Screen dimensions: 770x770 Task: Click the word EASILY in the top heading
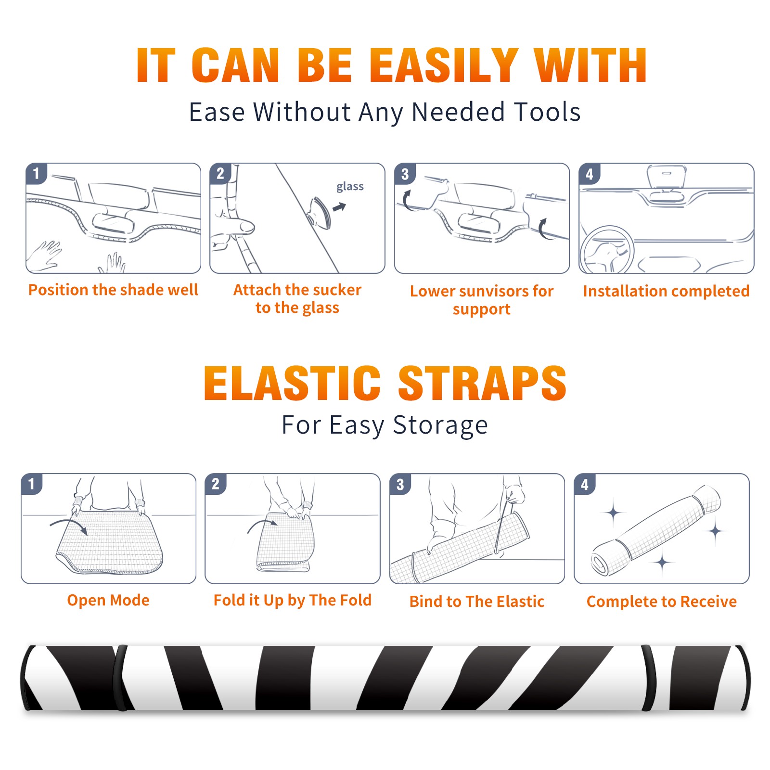click(x=444, y=65)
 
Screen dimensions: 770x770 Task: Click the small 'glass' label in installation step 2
click(x=350, y=187)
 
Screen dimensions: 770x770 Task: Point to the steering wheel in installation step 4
click(x=606, y=250)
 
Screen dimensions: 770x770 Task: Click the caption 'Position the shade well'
click(x=113, y=290)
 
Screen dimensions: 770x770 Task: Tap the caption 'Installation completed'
click(x=666, y=291)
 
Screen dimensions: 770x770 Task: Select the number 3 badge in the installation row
click(x=405, y=174)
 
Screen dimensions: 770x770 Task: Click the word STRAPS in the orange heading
click(x=482, y=383)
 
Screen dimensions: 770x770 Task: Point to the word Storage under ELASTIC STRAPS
click(x=440, y=425)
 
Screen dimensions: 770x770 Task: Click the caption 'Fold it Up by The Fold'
click(x=293, y=600)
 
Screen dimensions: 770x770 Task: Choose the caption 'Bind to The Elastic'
click(x=477, y=602)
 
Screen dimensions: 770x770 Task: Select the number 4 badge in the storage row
click(x=585, y=484)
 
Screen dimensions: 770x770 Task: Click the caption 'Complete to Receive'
click(x=662, y=602)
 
